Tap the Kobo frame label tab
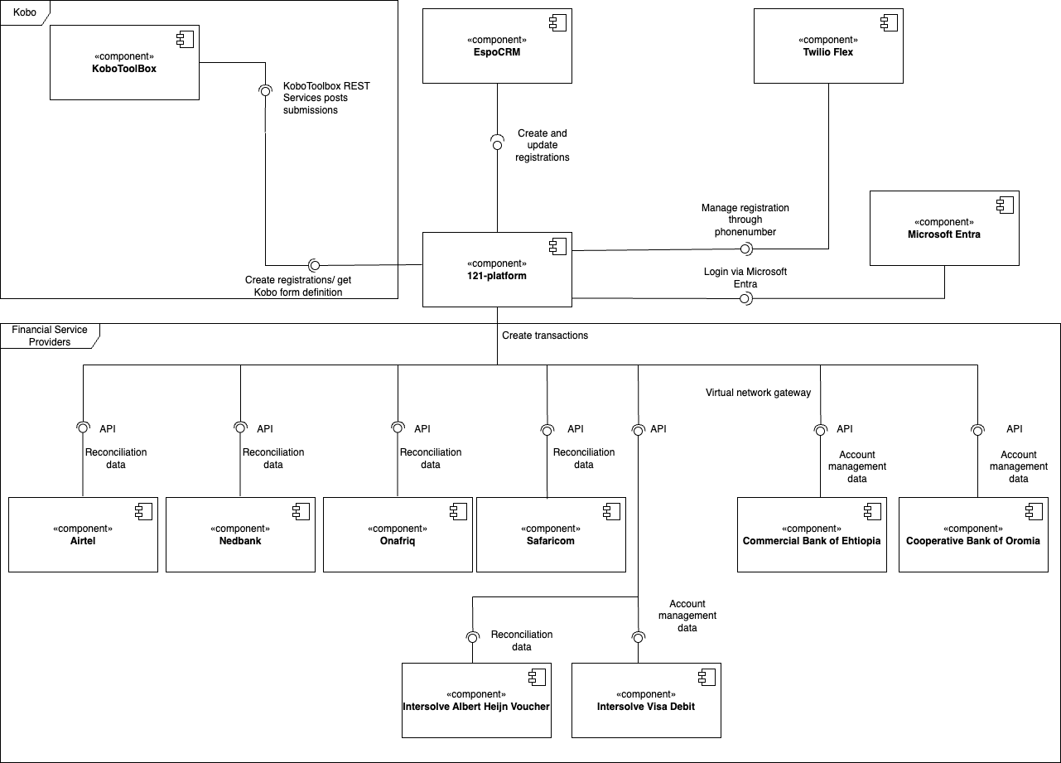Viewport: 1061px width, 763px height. [x=25, y=12]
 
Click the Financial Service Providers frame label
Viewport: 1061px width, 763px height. [x=50, y=336]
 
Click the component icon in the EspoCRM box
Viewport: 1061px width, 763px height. [x=557, y=22]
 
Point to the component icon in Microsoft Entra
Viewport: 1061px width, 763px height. [x=1005, y=205]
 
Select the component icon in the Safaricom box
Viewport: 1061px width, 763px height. [x=611, y=511]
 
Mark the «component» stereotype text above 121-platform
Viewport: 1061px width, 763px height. [x=497, y=263]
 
